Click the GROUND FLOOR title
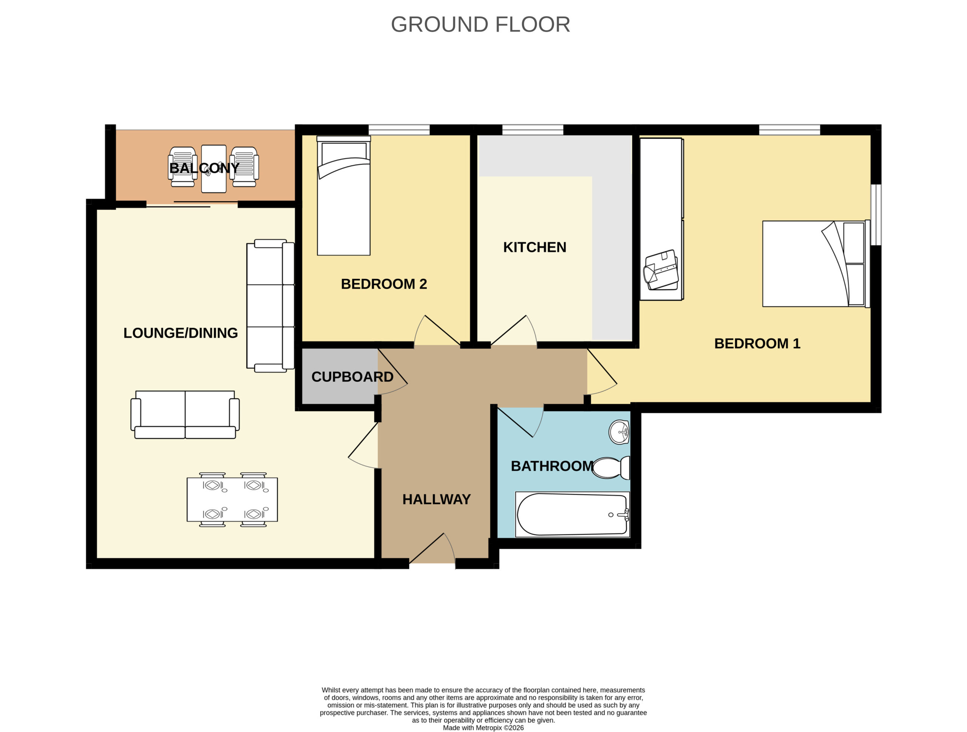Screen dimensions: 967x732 [480, 25]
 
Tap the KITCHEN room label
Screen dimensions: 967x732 [534, 247]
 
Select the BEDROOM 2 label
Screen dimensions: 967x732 [384, 284]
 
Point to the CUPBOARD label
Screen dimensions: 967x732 [352, 377]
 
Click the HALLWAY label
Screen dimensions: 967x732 [436, 499]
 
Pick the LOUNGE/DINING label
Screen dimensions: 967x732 [181, 333]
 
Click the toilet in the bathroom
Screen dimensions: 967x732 [611, 468]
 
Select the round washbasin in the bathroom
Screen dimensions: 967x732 [619, 432]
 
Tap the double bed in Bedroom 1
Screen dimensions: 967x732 [816, 264]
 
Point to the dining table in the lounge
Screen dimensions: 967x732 [232, 499]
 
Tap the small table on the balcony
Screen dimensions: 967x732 [214, 169]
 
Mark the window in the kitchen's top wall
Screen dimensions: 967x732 [533, 130]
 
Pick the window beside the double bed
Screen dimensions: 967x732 [876, 214]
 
